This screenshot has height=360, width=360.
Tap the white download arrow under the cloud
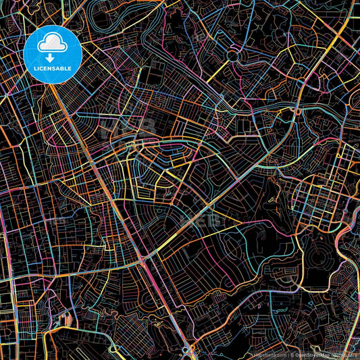click(53, 57)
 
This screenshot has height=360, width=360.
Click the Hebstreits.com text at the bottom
click(269, 354)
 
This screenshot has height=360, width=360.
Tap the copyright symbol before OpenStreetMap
click(292, 354)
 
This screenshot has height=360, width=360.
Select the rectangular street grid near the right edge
click(317, 196)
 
